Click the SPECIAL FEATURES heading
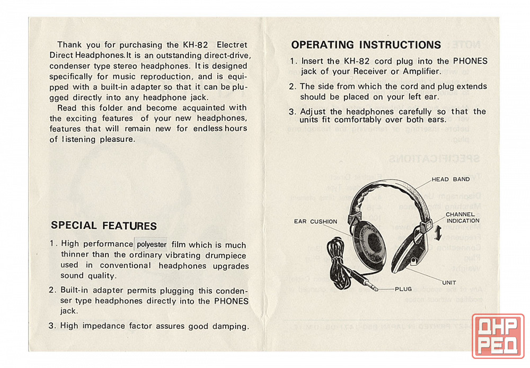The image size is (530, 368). coord(103,226)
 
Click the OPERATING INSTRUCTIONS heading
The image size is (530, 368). coord(366,45)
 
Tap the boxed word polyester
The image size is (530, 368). coord(152,244)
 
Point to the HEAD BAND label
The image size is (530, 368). coord(450,179)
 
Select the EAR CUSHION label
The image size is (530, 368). coord(315,221)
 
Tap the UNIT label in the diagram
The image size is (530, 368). coord(449,282)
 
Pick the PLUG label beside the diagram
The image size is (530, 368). coord(407,289)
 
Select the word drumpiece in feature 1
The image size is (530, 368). coord(227,255)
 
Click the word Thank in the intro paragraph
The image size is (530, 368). coord(69,45)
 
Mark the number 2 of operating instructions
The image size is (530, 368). coord(292,86)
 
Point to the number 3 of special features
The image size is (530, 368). coord(52,326)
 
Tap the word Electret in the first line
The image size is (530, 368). coord(232,45)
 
